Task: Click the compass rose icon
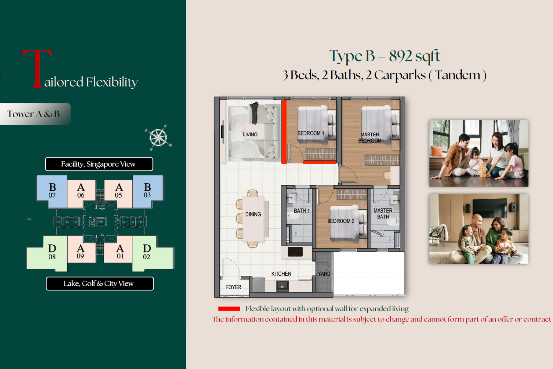pyautogui.click(x=158, y=138)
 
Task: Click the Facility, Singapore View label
pyautogui.click(x=99, y=164)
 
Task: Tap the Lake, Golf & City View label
pyautogui.click(x=100, y=284)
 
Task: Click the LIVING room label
pyautogui.click(x=250, y=135)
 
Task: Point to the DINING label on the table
pyautogui.click(x=253, y=214)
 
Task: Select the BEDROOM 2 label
pyautogui.click(x=341, y=221)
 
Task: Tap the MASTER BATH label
pyautogui.click(x=383, y=213)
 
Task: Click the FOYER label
pyautogui.click(x=233, y=287)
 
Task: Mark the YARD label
pyautogui.click(x=324, y=274)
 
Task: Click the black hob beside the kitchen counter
pyautogui.click(x=295, y=252)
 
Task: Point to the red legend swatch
pyautogui.click(x=229, y=308)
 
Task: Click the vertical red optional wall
pyautogui.click(x=284, y=132)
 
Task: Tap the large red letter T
pyautogui.click(x=37, y=69)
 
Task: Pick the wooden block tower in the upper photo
pyautogui.click(x=483, y=170)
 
